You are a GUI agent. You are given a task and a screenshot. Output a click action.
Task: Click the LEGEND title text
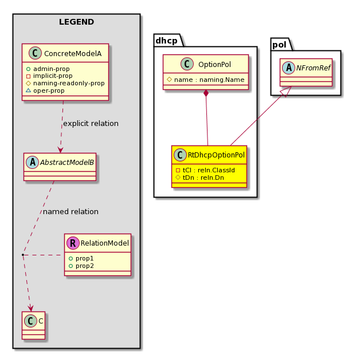pyautogui.click(x=76, y=22)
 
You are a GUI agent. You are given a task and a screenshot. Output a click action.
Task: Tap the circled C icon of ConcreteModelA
pyautogui.click(x=35, y=53)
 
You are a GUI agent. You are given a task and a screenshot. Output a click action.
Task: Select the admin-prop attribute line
pyautogui.click(x=48, y=69)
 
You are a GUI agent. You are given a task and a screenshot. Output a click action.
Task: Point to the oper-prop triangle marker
pyautogui.click(x=28, y=90)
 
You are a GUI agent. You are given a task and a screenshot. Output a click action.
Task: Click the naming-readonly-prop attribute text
pyautogui.click(x=69, y=83)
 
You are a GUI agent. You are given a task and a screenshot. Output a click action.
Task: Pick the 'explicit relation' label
pyautogui.click(x=91, y=124)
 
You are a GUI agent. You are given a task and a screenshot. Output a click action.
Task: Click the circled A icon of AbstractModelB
pyautogui.click(x=33, y=162)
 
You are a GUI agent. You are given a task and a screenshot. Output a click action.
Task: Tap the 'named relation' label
pyautogui.click(x=71, y=212)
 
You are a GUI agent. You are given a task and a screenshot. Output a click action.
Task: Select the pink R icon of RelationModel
pyautogui.click(x=73, y=243)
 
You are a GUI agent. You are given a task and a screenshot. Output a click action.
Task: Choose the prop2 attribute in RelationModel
pyautogui.click(x=81, y=266)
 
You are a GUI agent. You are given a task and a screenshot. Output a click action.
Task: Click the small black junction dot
pyautogui.click(x=23, y=255)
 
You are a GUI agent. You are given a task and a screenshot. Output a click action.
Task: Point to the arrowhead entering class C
pyautogui.click(x=30, y=309)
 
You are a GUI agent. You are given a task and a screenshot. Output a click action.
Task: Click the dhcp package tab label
pyautogui.click(x=166, y=41)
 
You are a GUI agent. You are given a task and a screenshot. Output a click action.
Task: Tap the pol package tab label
pyautogui.click(x=279, y=45)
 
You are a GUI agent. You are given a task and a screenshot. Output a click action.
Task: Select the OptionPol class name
pyautogui.click(x=214, y=64)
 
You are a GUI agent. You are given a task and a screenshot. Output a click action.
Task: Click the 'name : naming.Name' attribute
pyautogui.click(x=206, y=80)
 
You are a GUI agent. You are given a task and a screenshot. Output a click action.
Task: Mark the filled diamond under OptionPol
pyautogui.click(x=206, y=93)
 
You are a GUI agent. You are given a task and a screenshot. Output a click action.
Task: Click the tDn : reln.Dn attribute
pyautogui.click(x=200, y=177)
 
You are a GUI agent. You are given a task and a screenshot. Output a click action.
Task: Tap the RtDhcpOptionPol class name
pyautogui.click(x=216, y=155)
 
